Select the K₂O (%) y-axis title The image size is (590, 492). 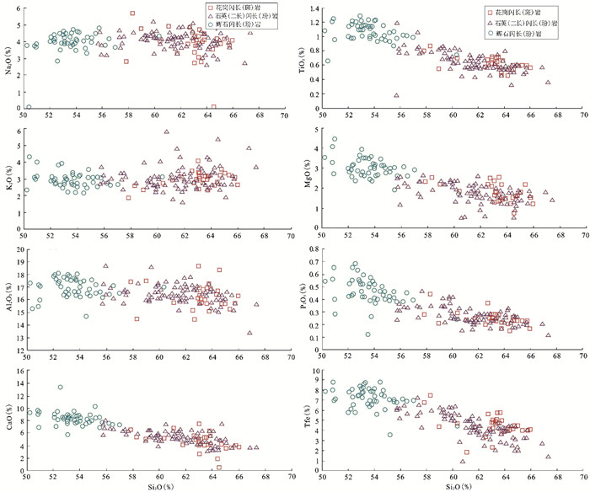pos(8,179)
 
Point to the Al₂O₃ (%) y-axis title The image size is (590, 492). pos(8,298)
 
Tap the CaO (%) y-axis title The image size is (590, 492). pos(8,420)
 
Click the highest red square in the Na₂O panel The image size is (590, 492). pos(132,13)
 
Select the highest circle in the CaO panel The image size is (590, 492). pos(60,388)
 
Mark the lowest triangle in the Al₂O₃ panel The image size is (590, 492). pos(249,333)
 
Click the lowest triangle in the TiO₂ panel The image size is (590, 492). pos(396,95)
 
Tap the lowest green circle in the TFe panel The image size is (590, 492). pos(389,435)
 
